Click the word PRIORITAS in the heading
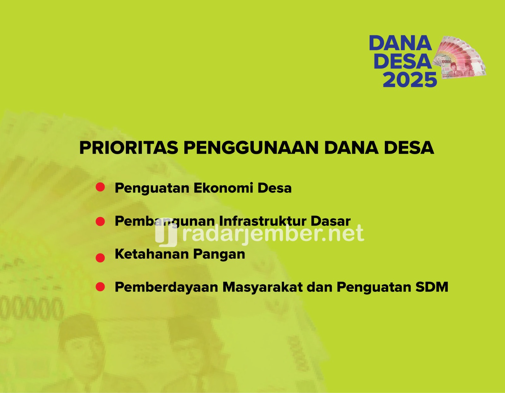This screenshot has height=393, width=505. pos(129,148)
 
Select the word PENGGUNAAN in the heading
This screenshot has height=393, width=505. pos(251,148)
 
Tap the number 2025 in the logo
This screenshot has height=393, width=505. pos(410,80)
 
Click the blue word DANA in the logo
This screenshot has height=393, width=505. pos(401,43)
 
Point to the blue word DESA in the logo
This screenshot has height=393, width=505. pos(403,61)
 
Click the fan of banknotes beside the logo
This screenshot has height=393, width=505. pos(459,58)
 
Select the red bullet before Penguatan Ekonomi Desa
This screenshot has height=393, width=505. pos(100,187)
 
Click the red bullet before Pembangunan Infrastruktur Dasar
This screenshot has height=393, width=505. pos(100,221)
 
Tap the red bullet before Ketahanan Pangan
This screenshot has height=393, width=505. pos(100,258)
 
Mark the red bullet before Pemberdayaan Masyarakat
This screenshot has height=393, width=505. pos(100,287)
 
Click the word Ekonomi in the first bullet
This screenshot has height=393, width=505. pos(223,188)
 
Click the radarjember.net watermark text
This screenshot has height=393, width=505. pos(273,233)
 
